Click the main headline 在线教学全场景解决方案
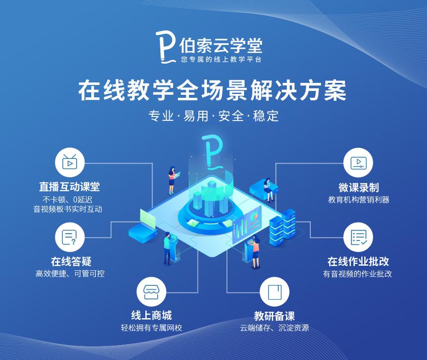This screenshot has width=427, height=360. click(x=213, y=91)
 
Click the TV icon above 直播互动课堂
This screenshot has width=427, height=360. click(x=69, y=161)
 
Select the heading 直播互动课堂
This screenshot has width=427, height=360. click(x=70, y=187)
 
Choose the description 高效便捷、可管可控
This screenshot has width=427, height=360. click(x=70, y=273)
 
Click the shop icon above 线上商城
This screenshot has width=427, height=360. click(x=151, y=292)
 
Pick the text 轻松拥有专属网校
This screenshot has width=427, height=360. click(x=151, y=327)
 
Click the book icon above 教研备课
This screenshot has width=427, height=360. click(x=274, y=292)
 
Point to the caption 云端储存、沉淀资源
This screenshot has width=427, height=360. click(x=274, y=327)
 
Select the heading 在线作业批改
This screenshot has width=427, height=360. click(x=358, y=261)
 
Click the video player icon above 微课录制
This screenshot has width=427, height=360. click(x=358, y=161)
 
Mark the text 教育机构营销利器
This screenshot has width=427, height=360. click(x=358, y=200)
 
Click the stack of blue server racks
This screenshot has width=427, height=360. click(x=283, y=225)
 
